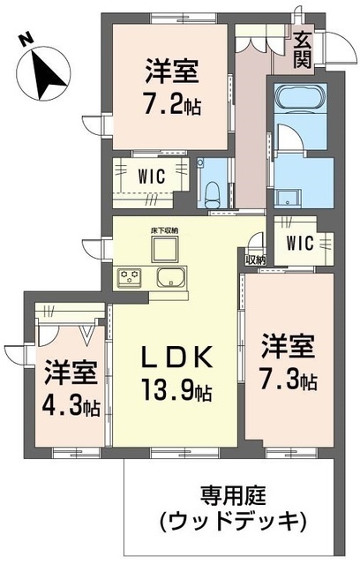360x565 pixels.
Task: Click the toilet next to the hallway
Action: pos(212,188)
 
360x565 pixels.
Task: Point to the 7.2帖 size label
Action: pos(173,106)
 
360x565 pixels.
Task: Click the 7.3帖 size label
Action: pos(288,381)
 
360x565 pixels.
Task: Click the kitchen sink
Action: pos(169,280)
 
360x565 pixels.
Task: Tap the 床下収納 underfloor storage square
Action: pos(166,250)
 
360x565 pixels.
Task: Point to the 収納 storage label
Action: pos(255,260)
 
